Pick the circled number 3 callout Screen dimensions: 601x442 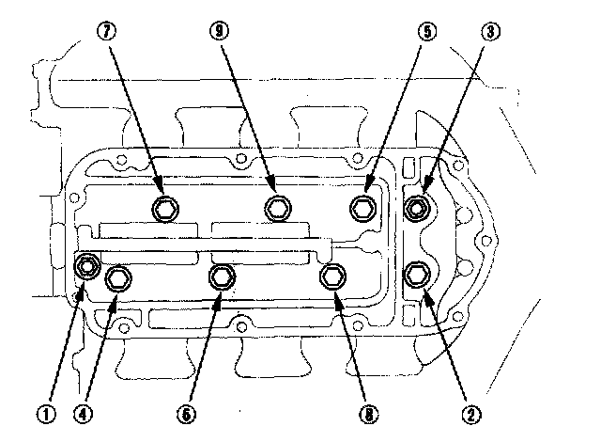pyautogui.click(x=488, y=29)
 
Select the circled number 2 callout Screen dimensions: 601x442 pyautogui.click(x=472, y=411)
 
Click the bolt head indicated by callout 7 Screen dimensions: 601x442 pyautogui.click(x=165, y=207)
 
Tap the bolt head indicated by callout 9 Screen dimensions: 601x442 pyautogui.click(x=276, y=208)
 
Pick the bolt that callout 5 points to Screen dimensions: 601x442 pyautogui.click(x=362, y=207)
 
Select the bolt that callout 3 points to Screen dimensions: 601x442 pyautogui.click(x=418, y=206)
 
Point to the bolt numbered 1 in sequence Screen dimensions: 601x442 pyautogui.click(x=87, y=267)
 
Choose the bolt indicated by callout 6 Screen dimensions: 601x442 pyautogui.click(x=221, y=276)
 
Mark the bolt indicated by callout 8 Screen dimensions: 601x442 pyautogui.click(x=332, y=276)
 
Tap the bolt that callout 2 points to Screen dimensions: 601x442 pyautogui.click(x=417, y=276)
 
